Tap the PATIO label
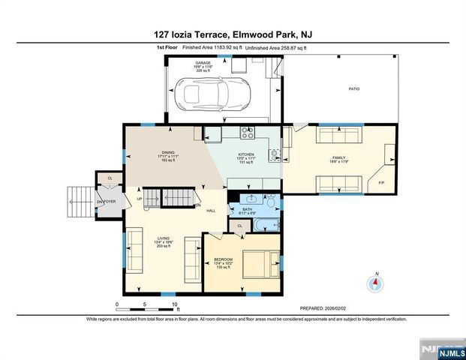353,89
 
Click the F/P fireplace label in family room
381,183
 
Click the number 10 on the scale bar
175,304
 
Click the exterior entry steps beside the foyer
78,202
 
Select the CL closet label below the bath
239,225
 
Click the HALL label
211,211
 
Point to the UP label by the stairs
140,199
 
